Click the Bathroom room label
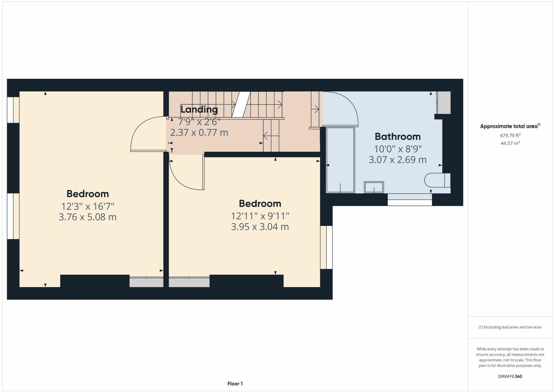coord(397,137)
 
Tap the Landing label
coord(199,110)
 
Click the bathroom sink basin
coord(374,187)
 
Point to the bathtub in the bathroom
coord(340,160)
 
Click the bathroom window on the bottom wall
coord(410,200)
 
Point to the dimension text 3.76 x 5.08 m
coord(87,217)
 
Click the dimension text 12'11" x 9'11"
coord(260,216)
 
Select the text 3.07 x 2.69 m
coord(397,160)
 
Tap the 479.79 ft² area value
coord(510,136)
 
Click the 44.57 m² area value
coord(510,143)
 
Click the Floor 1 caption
coord(235,384)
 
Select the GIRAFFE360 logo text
coord(510,376)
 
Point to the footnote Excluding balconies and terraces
coord(510,327)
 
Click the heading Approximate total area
coord(509,126)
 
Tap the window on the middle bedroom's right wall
coord(326,247)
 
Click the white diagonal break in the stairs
coord(241,104)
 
